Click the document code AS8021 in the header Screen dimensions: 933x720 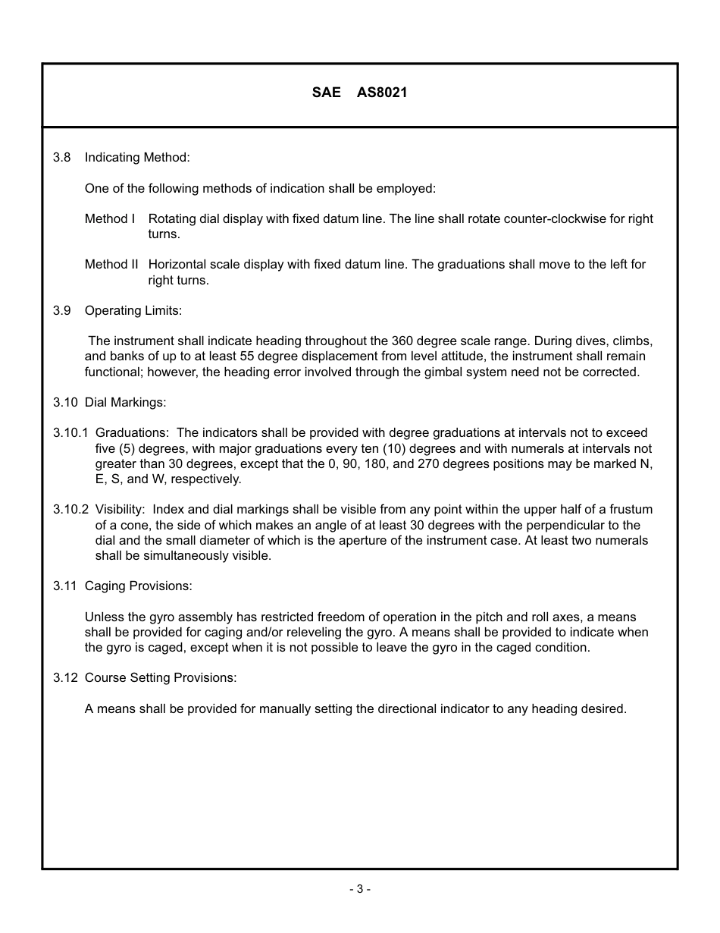click(x=382, y=93)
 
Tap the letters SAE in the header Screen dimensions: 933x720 click(x=326, y=93)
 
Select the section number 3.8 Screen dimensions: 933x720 click(x=61, y=158)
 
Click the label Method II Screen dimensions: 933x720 click(x=111, y=265)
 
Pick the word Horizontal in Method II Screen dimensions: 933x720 click(x=177, y=265)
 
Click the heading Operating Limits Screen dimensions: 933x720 click(x=133, y=311)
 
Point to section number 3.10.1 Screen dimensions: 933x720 click(x=70, y=433)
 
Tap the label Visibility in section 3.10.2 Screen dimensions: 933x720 click(x=120, y=510)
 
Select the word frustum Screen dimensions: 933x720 click(x=630, y=510)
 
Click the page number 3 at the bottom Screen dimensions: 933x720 click(x=359, y=889)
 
